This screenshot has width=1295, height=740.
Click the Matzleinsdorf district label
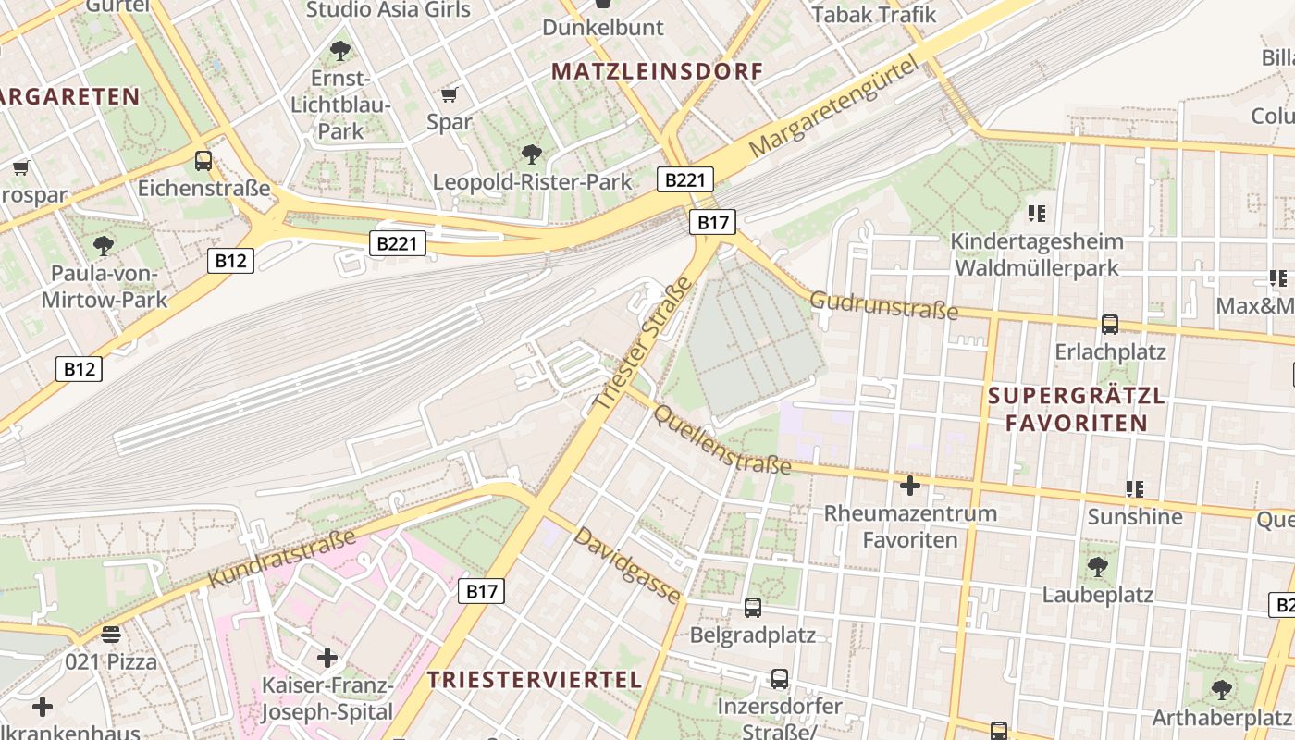click(658, 71)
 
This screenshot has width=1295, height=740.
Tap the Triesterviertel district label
click(535, 680)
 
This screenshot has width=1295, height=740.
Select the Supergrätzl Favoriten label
click(1077, 410)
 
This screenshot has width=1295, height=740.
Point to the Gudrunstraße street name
click(883, 305)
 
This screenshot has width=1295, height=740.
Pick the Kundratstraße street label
click(282, 558)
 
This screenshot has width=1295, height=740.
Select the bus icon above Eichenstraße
click(203, 161)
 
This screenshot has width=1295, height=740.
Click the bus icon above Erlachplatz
click(1110, 325)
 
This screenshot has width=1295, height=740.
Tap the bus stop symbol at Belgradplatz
click(753, 608)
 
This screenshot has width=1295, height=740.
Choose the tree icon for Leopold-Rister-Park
click(532, 154)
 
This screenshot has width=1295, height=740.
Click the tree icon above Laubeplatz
click(1098, 566)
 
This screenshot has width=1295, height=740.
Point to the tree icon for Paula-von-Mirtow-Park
click(104, 246)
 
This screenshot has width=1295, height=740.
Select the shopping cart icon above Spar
click(450, 94)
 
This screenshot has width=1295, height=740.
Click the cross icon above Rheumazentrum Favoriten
click(910, 486)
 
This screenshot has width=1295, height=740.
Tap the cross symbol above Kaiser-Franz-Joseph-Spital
click(327, 659)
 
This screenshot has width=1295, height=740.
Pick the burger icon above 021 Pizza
click(111, 635)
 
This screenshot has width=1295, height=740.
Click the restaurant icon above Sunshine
click(1135, 488)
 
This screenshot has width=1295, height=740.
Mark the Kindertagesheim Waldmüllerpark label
click(1037, 255)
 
